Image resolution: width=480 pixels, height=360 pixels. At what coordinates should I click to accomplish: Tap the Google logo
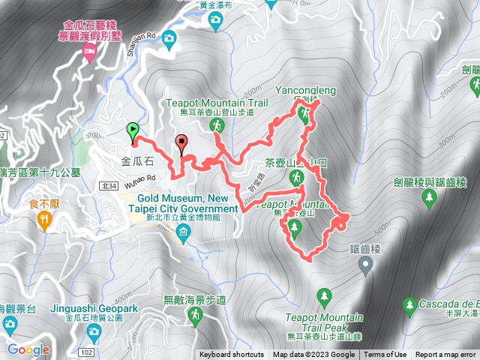[x=28, y=349]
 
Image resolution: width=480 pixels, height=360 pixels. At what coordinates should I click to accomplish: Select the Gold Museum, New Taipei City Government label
[x=182, y=202]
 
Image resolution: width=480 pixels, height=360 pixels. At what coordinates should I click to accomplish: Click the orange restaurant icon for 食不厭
[x=43, y=219]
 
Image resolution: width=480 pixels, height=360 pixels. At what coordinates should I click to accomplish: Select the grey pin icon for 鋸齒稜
[x=365, y=263]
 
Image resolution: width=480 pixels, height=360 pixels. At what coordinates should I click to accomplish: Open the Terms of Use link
[x=385, y=355]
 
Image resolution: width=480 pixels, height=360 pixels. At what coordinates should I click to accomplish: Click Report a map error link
[x=447, y=355]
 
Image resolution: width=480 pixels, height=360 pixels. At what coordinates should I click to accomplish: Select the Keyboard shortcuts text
[x=232, y=355]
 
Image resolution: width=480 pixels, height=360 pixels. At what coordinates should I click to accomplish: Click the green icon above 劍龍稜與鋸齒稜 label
[x=430, y=198]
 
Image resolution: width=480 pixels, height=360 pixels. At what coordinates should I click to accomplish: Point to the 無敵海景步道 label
[x=192, y=301]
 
